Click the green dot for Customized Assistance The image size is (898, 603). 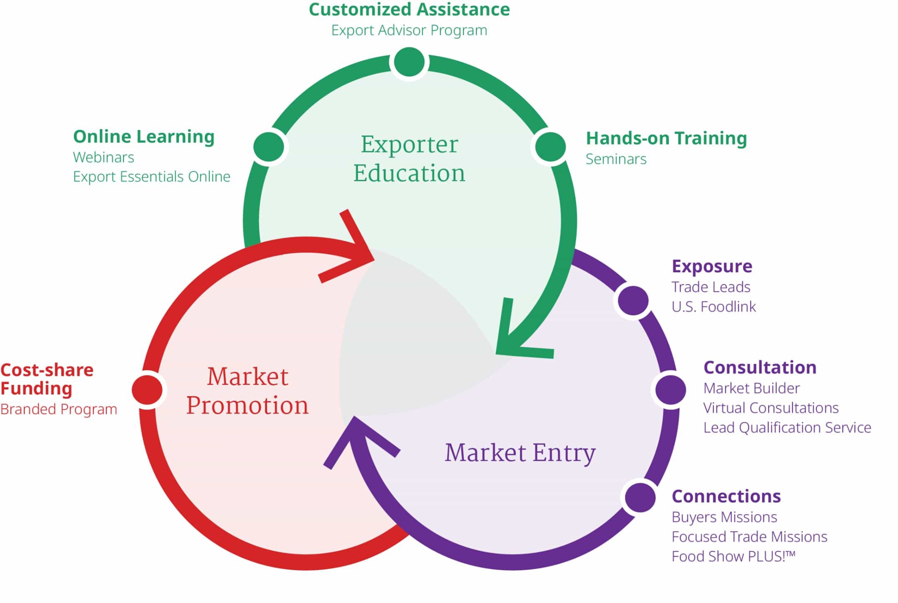tap(409, 62)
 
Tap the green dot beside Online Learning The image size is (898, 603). tap(269, 147)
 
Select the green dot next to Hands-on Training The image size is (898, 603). tap(550, 147)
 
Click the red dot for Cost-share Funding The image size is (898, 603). tap(147, 390)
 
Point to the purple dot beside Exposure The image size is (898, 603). tap(633, 300)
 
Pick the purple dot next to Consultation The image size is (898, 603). tap(670, 389)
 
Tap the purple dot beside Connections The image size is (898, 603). tap(640, 497)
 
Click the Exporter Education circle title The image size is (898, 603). tap(409, 158)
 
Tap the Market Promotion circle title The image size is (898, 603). tap(247, 391)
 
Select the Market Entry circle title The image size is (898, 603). tap(520, 453)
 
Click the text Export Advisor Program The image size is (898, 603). tap(409, 31)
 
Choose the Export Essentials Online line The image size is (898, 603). tap(151, 177)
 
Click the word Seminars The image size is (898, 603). tap(616, 159)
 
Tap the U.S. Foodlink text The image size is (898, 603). tap(713, 307)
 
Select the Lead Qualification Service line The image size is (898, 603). tap(787, 428)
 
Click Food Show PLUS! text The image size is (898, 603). tap(733, 556)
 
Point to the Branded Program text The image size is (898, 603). tap(58, 409)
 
